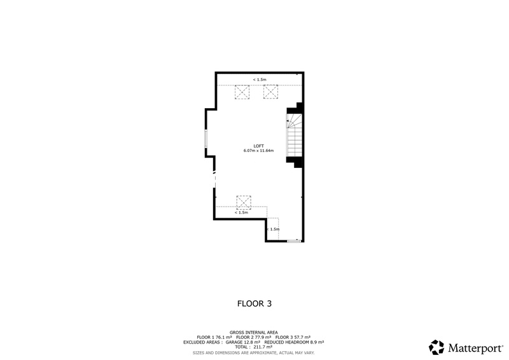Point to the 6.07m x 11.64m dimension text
(x=258, y=151)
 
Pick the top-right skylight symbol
(x=272, y=92)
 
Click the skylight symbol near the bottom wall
(x=243, y=202)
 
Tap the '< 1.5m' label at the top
(x=260, y=80)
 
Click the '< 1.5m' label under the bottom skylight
(x=241, y=212)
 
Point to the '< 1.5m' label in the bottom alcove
(x=273, y=229)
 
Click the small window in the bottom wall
(x=293, y=241)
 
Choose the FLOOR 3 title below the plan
(x=254, y=304)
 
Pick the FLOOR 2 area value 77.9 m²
(x=260, y=337)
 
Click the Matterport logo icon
(x=436, y=347)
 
